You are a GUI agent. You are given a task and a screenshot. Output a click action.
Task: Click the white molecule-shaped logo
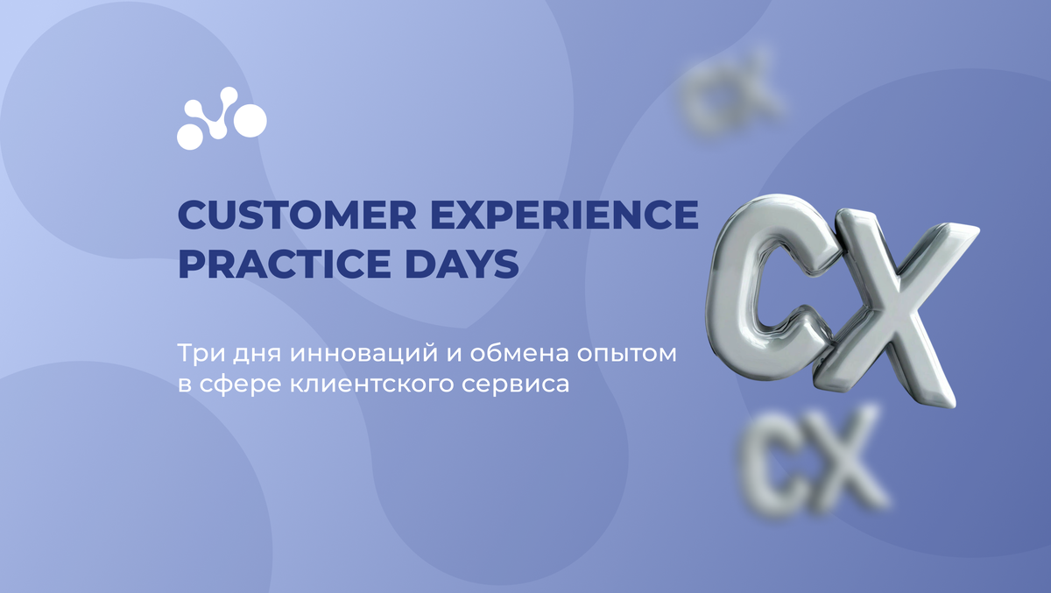pyautogui.click(x=221, y=117)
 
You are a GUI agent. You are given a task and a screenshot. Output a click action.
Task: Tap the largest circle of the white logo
pyautogui.click(x=249, y=120)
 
